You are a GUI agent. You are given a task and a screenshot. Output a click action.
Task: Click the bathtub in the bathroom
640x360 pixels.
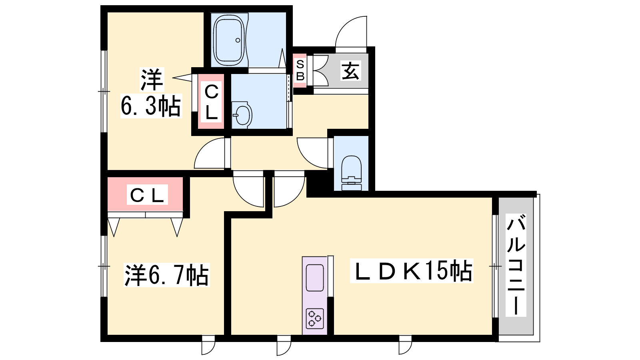[x=230, y=40]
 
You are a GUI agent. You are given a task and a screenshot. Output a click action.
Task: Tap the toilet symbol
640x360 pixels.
[x=352, y=173]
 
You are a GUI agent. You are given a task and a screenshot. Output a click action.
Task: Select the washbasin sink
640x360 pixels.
[x=242, y=115]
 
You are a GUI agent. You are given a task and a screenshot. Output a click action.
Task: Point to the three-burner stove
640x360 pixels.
[x=315, y=318]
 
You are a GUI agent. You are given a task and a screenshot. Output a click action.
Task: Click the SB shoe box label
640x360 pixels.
[x=300, y=70]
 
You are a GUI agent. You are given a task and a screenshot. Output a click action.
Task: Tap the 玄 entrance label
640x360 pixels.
[x=350, y=70]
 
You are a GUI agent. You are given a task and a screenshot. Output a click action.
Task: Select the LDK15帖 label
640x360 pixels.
[x=412, y=271]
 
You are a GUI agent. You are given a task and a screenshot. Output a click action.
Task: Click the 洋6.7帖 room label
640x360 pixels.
[x=166, y=275]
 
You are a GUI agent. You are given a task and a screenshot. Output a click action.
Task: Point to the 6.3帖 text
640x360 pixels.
[x=151, y=106]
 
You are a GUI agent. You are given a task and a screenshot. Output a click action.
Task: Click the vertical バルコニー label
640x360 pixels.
[x=516, y=265]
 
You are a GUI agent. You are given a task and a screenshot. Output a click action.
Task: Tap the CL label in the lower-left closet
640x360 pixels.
[x=147, y=194]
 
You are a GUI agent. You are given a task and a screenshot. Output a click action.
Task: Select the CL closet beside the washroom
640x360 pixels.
[x=211, y=102]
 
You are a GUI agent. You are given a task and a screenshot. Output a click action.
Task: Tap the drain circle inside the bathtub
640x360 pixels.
[x=238, y=40]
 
